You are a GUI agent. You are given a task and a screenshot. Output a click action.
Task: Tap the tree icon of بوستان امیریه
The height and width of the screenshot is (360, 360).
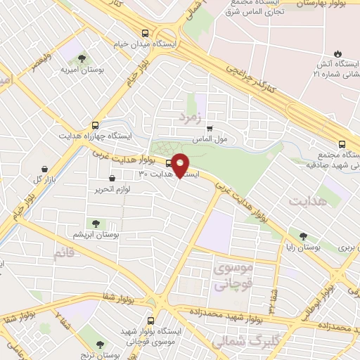(x=83, y=58)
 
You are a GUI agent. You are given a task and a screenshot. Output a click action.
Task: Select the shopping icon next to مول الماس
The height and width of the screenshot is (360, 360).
(x=209, y=128)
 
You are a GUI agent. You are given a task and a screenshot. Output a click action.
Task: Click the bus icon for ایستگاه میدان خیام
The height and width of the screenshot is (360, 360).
(x=145, y=33)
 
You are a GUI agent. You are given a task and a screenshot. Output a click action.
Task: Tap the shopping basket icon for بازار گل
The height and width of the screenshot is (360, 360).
(x=46, y=169)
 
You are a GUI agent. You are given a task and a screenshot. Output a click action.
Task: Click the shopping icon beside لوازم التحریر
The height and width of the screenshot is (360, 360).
(x=112, y=178)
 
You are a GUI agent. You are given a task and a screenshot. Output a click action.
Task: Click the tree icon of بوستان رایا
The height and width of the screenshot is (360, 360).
(x=303, y=237)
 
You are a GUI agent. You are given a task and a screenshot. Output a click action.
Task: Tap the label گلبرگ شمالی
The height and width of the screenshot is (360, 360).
(x=242, y=342)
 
